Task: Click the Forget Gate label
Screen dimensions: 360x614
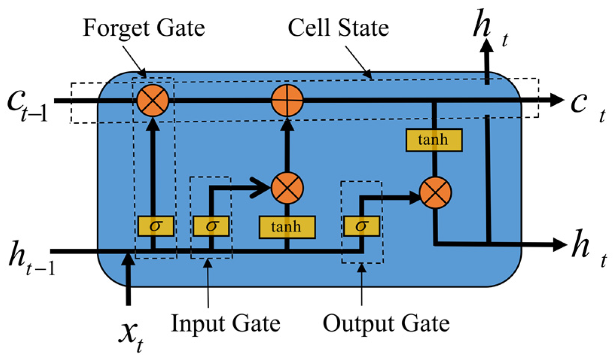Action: pyautogui.click(x=144, y=29)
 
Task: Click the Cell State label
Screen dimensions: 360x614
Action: pyautogui.click(x=338, y=28)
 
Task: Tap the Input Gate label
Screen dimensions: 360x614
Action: pyautogui.click(x=225, y=324)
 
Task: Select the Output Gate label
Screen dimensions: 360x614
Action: pyautogui.click(x=386, y=324)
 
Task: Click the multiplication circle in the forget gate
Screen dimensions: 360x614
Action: pyautogui.click(x=152, y=100)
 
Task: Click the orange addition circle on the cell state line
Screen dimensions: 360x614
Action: pyautogui.click(x=287, y=100)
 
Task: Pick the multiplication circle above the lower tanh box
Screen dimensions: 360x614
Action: pyautogui.click(x=287, y=188)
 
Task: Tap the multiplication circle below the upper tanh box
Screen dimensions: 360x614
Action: pyautogui.click(x=435, y=193)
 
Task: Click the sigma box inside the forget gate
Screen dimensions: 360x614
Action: pyautogui.click(x=155, y=226)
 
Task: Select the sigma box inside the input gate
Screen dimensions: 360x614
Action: pyautogui.click(x=211, y=226)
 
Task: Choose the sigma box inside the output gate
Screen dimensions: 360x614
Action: pyautogui.click(x=361, y=226)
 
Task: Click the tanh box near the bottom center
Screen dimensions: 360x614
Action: pyautogui.click(x=287, y=227)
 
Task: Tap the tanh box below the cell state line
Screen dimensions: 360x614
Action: pyautogui.click(x=434, y=140)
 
